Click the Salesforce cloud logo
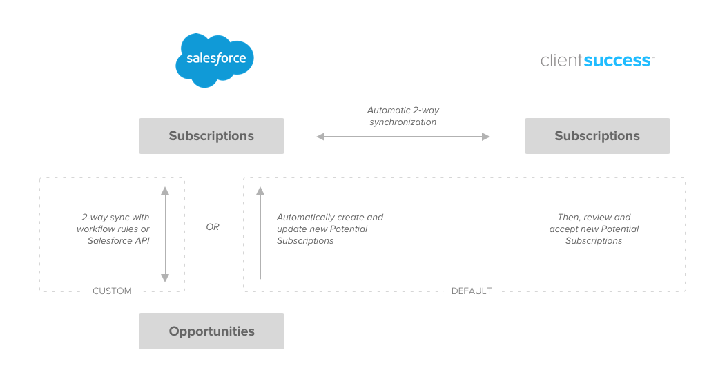pos(215,59)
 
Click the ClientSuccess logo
pos(597,61)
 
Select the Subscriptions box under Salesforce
pos(211,136)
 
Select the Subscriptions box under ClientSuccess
pos(597,136)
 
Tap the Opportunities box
pos(211,331)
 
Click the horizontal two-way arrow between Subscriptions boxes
pos(403,137)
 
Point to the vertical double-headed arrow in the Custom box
pos(165,234)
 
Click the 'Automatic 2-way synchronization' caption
pos(403,116)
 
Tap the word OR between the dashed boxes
pos(213,226)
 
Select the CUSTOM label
pos(112,291)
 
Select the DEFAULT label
pos(472,291)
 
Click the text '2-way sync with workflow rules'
pos(113,223)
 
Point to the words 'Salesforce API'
pos(118,241)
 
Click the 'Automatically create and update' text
pos(329,223)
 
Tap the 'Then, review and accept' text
pos(594,223)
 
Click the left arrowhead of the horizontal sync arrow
pos(320,137)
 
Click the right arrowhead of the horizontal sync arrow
pos(486,137)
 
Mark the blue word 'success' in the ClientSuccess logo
pos(617,61)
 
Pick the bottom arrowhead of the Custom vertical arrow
pos(165,278)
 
